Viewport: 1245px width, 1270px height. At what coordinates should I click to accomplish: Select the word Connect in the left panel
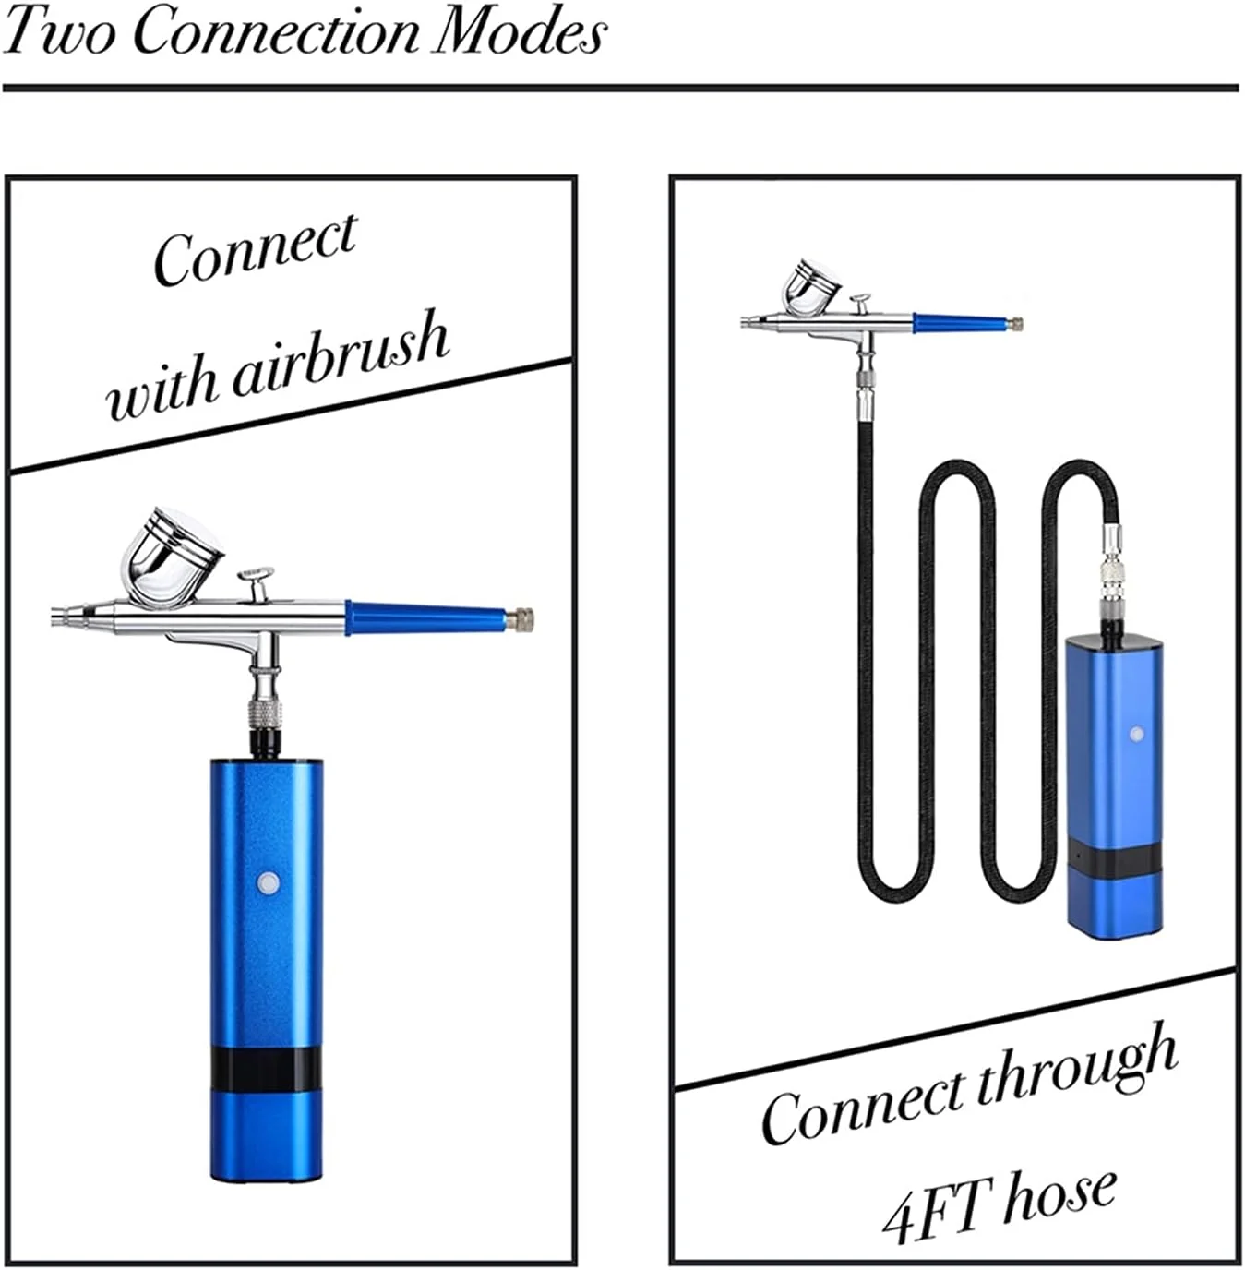[x=255, y=247]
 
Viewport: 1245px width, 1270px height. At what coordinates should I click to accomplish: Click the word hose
[x=1061, y=1192]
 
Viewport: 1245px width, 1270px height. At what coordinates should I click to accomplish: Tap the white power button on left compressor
[x=269, y=881]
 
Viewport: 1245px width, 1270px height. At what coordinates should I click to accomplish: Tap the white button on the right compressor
[x=1136, y=735]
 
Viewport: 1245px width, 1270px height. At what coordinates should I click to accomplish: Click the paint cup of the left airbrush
[x=173, y=557]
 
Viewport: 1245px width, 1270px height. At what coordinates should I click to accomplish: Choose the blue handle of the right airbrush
[x=960, y=323]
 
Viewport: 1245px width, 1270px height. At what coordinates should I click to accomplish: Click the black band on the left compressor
[x=266, y=1068]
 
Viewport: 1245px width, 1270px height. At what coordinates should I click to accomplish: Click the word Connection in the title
[x=278, y=32]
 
